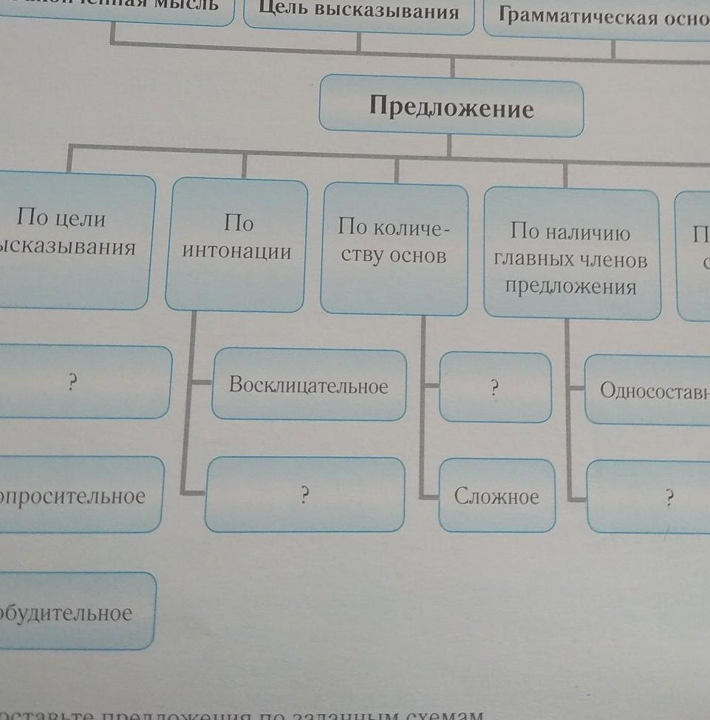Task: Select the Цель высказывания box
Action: pos(358,13)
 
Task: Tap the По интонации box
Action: pos(236,244)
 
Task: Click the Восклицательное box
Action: pos(308,385)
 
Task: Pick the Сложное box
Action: pos(496,496)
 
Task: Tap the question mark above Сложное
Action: pos(495,388)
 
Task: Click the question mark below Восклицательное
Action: pos(304,496)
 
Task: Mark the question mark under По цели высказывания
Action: pos(72,382)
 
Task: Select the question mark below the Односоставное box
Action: pos(669,497)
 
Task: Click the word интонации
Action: pos(236,252)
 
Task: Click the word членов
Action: pos(612,260)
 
